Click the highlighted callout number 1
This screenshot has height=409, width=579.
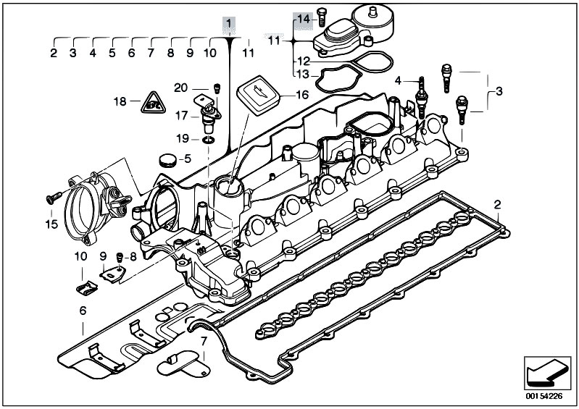pyautogui.click(x=229, y=25)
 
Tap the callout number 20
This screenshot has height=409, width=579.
pyautogui.click(x=182, y=88)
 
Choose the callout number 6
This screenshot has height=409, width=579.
pyautogui.click(x=83, y=311)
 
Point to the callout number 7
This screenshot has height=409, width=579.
pyautogui.click(x=204, y=340)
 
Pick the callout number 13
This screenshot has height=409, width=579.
pyautogui.click(x=303, y=73)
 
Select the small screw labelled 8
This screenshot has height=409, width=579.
pyautogui.click(x=119, y=256)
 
